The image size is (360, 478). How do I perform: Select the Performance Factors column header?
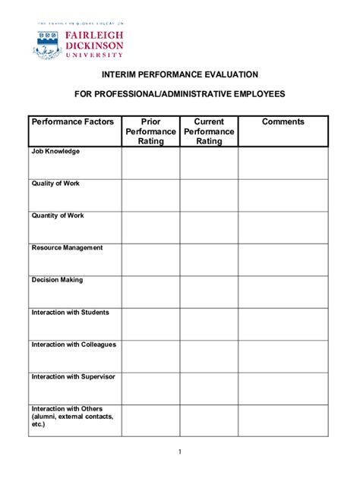[x=73, y=121]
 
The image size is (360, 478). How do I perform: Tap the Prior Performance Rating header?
[x=150, y=131]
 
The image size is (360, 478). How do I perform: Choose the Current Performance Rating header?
[x=209, y=131]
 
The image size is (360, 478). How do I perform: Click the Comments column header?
[x=283, y=121]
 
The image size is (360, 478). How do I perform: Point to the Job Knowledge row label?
[x=55, y=152]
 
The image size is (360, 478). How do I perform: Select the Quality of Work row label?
[x=55, y=184]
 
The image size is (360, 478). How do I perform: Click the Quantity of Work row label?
[x=58, y=215]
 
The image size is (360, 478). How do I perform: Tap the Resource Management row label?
[x=67, y=248]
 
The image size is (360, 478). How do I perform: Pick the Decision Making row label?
[x=57, y=280]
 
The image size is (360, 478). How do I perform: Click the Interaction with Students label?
[x=70, y=313]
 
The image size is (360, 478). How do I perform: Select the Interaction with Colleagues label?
[x=74, y=344]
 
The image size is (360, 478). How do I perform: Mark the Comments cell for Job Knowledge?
[x=283, y=162]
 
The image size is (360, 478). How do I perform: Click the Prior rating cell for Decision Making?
[x=150, y=291]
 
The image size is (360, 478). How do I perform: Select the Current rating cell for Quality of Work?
[x=209, y=195]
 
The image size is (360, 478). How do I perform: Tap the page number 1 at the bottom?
[x=180, y=453]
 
